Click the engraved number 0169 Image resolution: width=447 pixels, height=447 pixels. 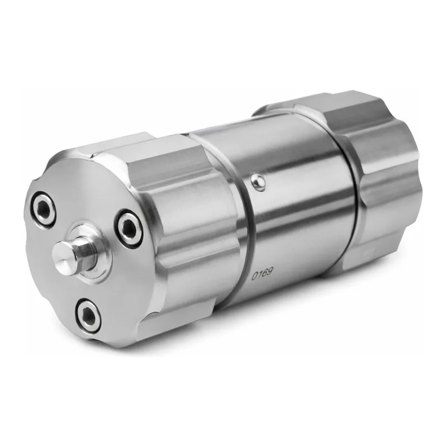coord(262,273)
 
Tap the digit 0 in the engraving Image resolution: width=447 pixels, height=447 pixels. coord(254,275)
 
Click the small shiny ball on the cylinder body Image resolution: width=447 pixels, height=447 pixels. coord(258,182)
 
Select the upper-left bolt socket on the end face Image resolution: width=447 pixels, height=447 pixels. coord(44,209)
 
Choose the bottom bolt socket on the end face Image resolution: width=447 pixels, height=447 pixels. coord(88,316)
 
